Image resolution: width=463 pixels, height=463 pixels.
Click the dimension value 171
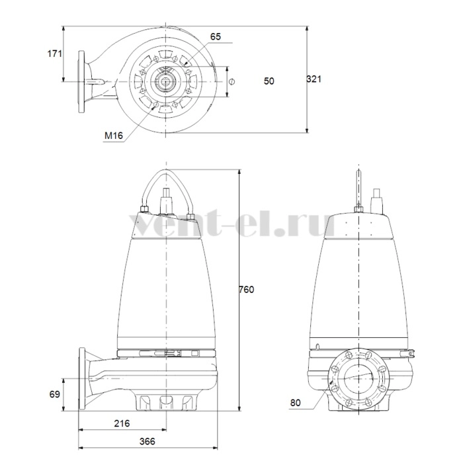(x=55, y=54)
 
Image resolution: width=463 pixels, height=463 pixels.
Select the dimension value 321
(x=314, y=79)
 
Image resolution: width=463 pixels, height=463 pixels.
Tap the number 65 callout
(x=216, y=36)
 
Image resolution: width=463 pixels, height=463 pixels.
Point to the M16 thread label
(x=114, y=136)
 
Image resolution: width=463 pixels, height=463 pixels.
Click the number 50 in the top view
(x=269, y=81)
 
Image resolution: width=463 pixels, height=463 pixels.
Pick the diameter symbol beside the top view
(x=232, y=81)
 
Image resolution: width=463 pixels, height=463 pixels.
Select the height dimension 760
(x=246, y=290)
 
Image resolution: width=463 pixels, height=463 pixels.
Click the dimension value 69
(x=55, y=394)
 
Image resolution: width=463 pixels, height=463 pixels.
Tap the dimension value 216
(x=122, y=423)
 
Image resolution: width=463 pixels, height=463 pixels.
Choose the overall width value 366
(x=147, y=441)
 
